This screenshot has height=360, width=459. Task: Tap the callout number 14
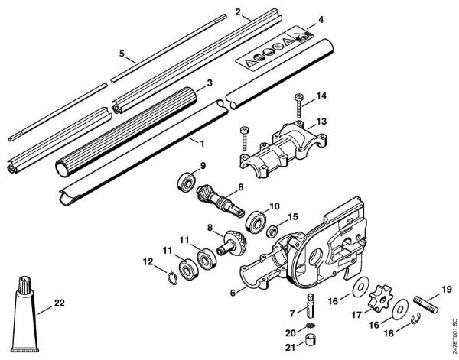322,95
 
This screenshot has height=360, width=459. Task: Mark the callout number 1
203,142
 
